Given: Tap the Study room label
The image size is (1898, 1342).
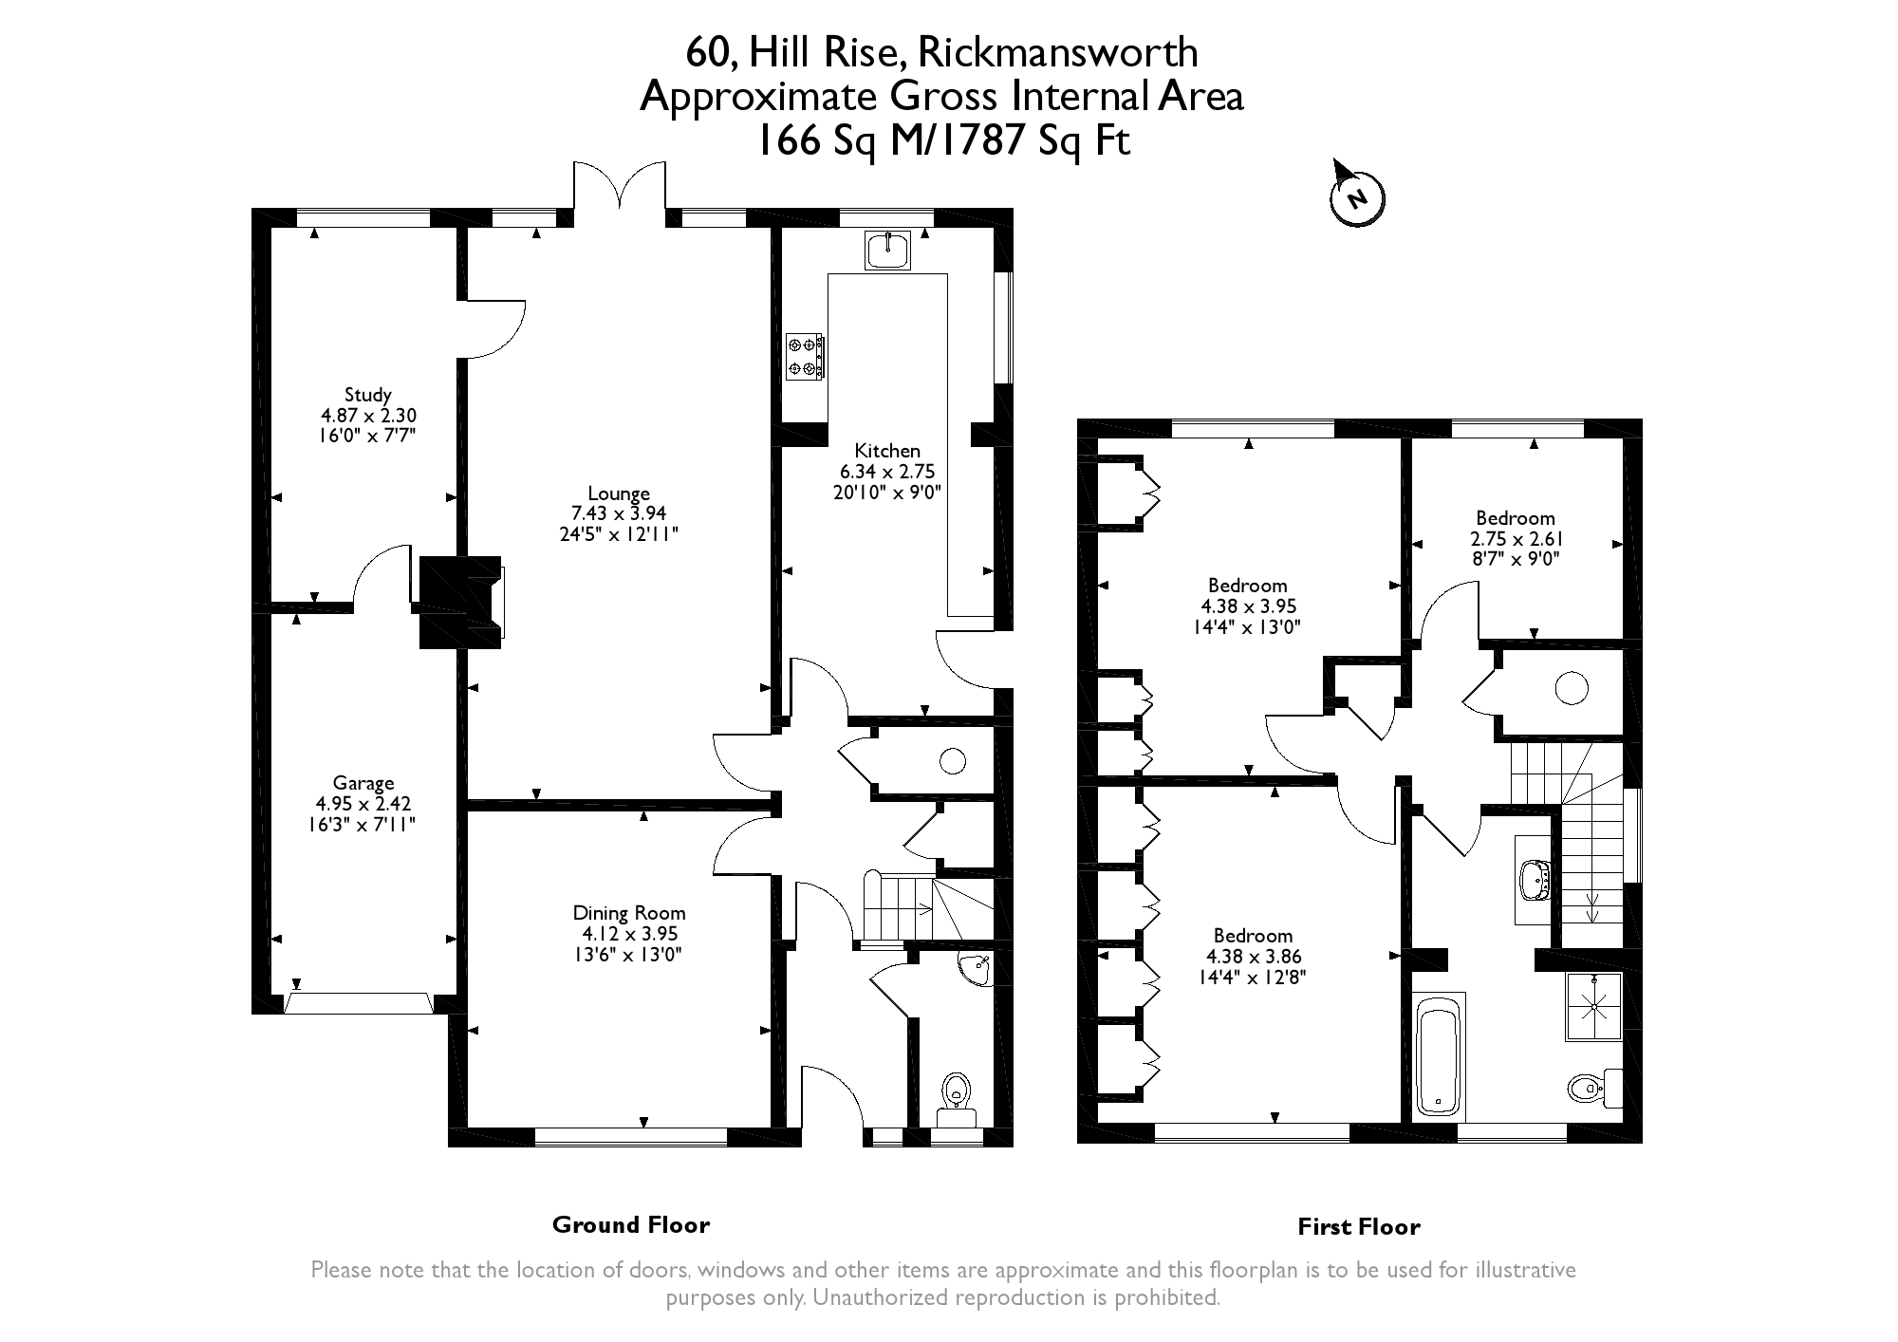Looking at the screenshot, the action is click(368, 395).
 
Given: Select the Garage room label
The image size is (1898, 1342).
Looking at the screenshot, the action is click(363, 784).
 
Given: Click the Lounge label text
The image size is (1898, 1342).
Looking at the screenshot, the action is click(619, 494).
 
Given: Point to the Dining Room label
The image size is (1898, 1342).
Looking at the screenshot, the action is click(629, 913).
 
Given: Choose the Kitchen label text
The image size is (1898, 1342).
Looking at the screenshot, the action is click(887, 451).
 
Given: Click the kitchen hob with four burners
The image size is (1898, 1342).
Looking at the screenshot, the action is click(804, 357).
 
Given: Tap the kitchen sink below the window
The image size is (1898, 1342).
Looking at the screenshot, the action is click(888, 250).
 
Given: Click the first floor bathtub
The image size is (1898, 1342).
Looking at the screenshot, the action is click(1440, 1056).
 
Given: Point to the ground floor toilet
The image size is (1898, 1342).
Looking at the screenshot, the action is click(955, 1099).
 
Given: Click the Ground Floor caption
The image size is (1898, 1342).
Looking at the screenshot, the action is click(631, 1225).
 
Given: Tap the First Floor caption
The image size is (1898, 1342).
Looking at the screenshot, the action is click(1359, 1227).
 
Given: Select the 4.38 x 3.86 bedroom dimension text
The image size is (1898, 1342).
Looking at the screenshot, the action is click(1254, 957).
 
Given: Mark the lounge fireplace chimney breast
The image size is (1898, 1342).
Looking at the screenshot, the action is click(460, 603).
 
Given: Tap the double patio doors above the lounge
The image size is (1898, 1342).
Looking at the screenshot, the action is click(620, 186).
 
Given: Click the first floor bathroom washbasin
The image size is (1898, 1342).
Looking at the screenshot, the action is click(1534, 880).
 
